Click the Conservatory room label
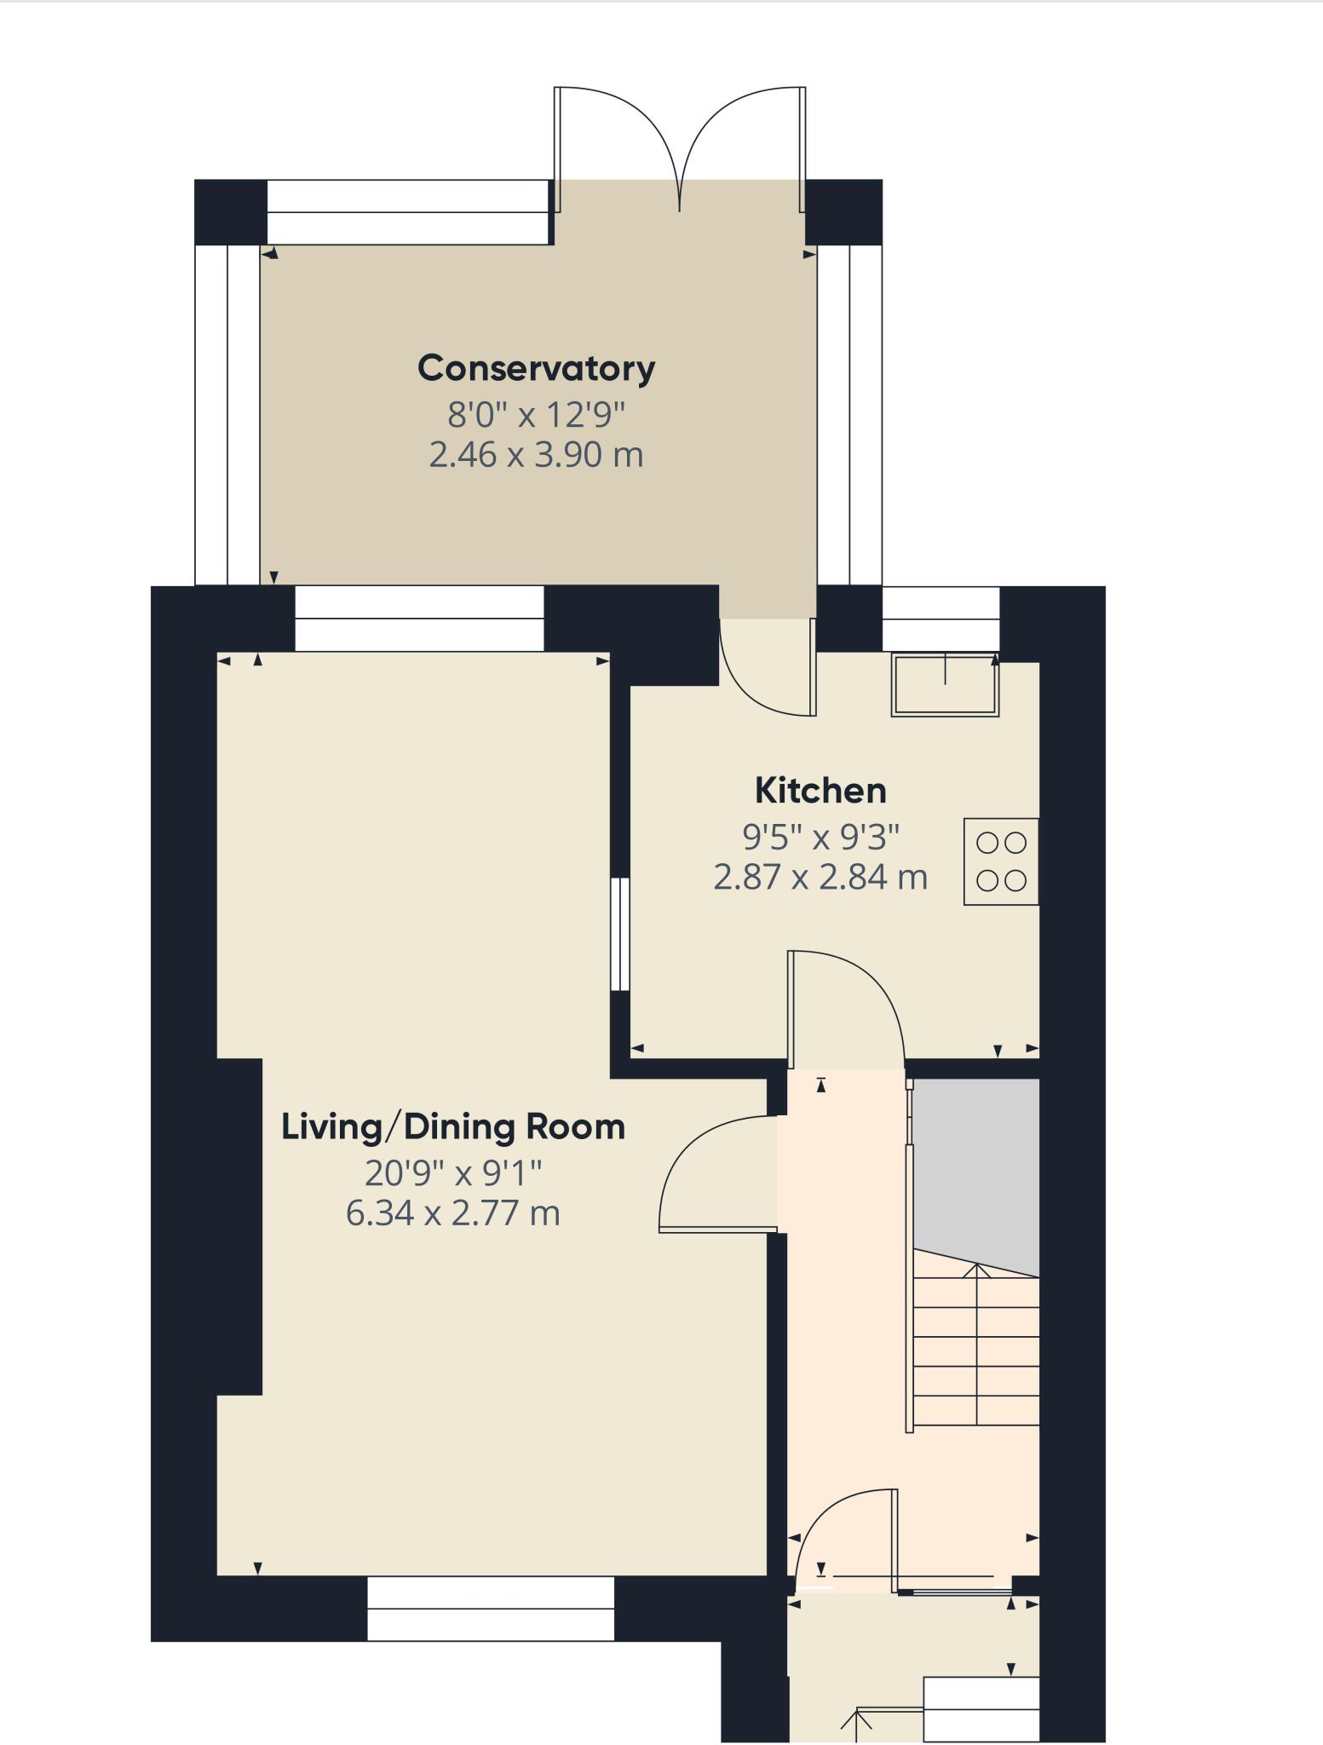[x=537, y=369]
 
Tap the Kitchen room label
[x=820, y=791]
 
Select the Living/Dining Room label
[x=453, y=1127]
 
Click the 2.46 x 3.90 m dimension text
[x=536, y=455]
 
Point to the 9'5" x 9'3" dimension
[x=821, y=838]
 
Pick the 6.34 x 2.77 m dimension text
[x=453, y=1212]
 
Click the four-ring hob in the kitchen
[x=1001, y=861]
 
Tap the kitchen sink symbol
[x=945, y=684]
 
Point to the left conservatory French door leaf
[x=617, y=149]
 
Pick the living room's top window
[x=419, y=619]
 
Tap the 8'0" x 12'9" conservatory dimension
[x=536, y=416]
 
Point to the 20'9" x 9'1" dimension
[x=453, y=1174]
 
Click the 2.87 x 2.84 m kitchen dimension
[x=820, y=877]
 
